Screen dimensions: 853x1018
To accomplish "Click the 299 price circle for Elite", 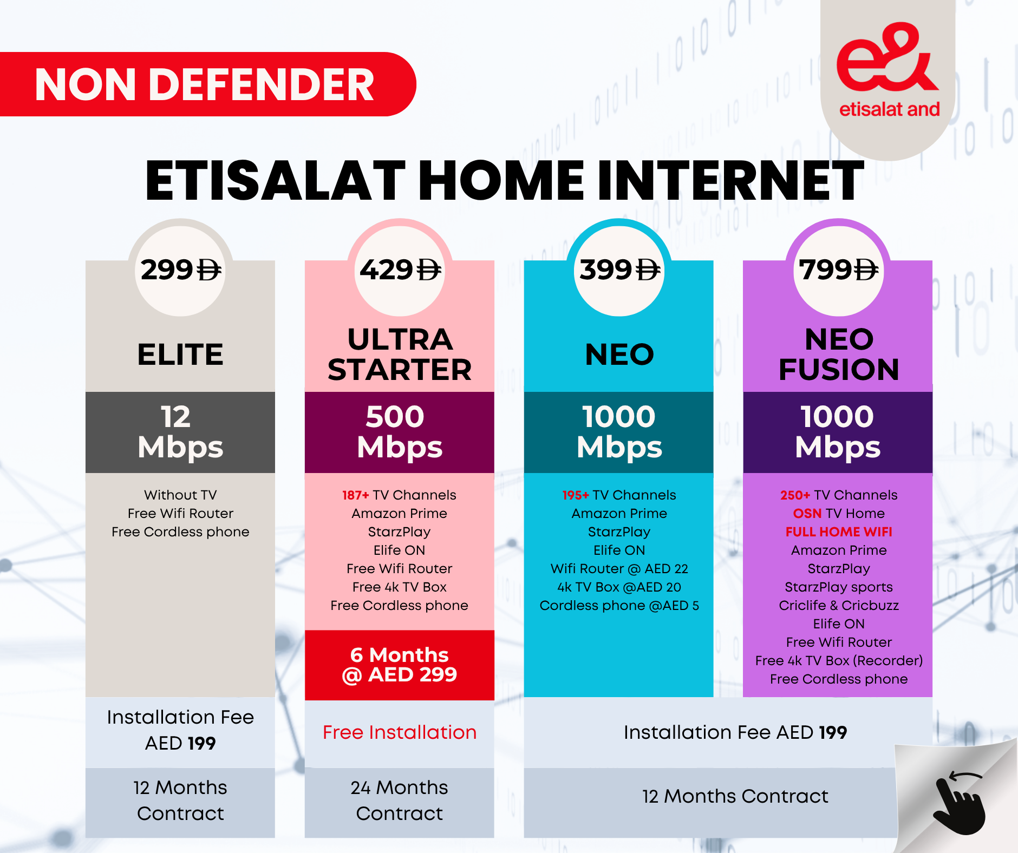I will [180, 270].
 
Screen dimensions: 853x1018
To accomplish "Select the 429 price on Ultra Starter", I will [400, 270].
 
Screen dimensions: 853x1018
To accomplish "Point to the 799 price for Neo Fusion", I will [838, 270].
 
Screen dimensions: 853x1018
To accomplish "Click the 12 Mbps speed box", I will [180, 432].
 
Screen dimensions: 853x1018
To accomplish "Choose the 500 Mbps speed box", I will [400, 432].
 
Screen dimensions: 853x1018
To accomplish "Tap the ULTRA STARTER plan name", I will [400, 355].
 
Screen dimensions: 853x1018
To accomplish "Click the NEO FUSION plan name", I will [838, 355].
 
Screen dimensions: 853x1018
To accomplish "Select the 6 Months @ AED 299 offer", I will [400, 665].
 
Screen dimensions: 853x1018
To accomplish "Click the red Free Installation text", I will [400, 732].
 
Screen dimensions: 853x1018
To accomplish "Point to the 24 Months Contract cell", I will [400, 800].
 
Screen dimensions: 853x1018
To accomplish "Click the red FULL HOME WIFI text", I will [838, 532].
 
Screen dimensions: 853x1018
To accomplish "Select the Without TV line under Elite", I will [180, 495].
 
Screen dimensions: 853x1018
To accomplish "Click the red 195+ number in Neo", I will [575, 495].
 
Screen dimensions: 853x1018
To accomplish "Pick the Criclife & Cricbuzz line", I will [838, 605].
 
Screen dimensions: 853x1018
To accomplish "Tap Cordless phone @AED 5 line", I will [619, 605].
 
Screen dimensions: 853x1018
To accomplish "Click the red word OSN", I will [807, 513].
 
